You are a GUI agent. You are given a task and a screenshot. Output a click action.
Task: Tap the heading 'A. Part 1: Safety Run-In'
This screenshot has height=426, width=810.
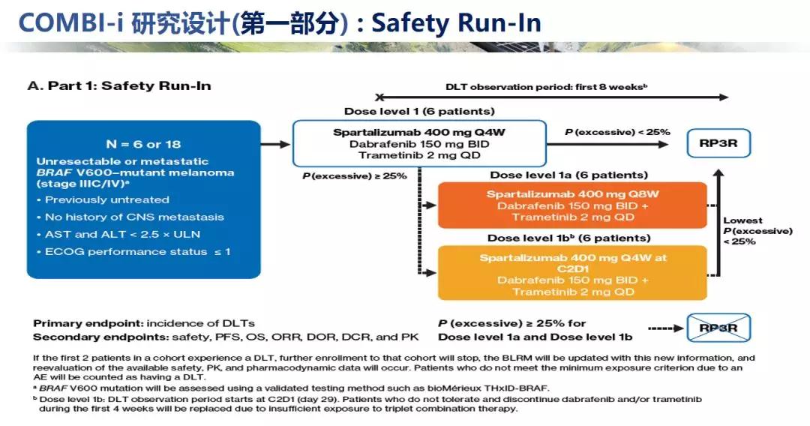click(x=119, y=85)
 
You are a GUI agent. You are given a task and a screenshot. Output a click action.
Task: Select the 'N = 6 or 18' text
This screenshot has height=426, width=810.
click(x=143, y=144)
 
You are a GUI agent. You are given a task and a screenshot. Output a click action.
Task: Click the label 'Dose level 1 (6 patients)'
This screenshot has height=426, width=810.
click(x=419, y=112)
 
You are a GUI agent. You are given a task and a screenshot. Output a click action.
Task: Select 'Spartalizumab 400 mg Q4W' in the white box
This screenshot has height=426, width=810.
click(x=418, y=132)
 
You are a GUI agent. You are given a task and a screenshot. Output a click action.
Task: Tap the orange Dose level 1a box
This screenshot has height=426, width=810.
click(x=572, y=205)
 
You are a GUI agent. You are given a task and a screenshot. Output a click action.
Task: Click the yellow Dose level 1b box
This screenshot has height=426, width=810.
click(x=572, y=274)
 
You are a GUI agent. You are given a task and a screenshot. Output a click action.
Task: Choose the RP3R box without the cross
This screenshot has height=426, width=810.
click(x=718, y=143)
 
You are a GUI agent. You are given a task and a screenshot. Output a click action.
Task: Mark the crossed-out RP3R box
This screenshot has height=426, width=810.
click(x=718, y=328)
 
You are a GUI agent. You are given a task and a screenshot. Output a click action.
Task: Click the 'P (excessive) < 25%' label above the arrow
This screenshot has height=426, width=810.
click(x=617, y=132)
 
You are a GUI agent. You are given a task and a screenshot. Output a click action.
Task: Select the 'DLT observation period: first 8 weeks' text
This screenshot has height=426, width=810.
click(x=546, y=87)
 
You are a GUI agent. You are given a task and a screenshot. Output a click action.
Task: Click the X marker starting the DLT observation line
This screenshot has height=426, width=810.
click(x=380, y=97)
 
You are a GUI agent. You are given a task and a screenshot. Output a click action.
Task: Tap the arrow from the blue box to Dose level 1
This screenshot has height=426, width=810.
click(x=275, y=143)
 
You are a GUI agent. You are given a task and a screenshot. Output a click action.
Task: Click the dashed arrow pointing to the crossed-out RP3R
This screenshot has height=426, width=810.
click(x=666, y=328)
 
